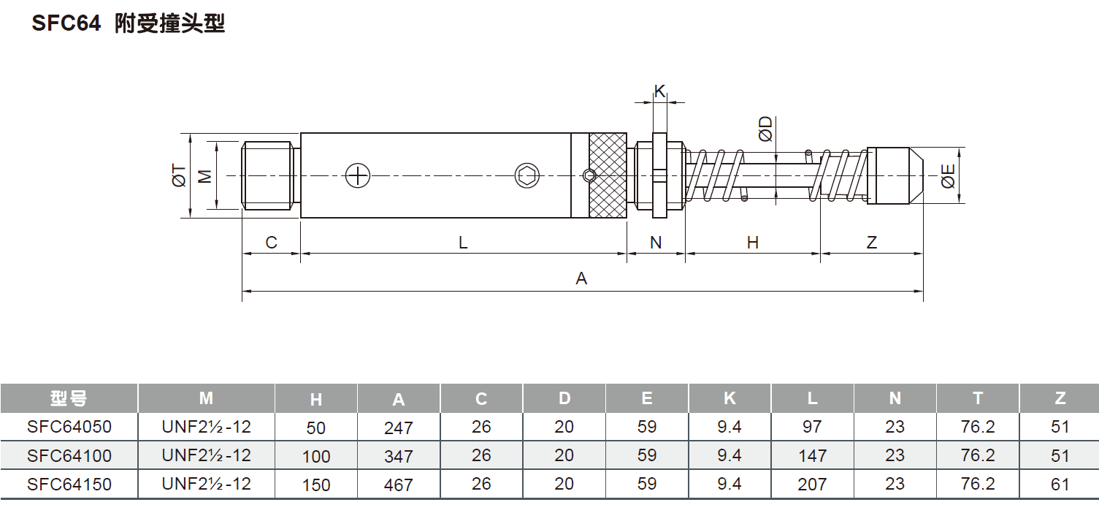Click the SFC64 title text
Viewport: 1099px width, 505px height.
click(66, 23)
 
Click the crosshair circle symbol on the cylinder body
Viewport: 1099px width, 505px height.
click(358, 175)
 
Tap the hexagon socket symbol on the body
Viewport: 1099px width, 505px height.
click(527, 175)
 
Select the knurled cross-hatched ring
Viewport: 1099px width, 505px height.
click(608, 175)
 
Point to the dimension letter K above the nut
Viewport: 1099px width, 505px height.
click(660, 91)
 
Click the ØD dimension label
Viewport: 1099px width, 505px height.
click(765, 129)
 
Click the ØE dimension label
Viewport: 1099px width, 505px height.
click(948, 176)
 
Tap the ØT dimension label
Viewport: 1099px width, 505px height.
click(179, 176)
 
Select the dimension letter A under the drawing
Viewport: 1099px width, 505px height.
click(581, 278)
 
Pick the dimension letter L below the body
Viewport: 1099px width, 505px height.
click(463, 243)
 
